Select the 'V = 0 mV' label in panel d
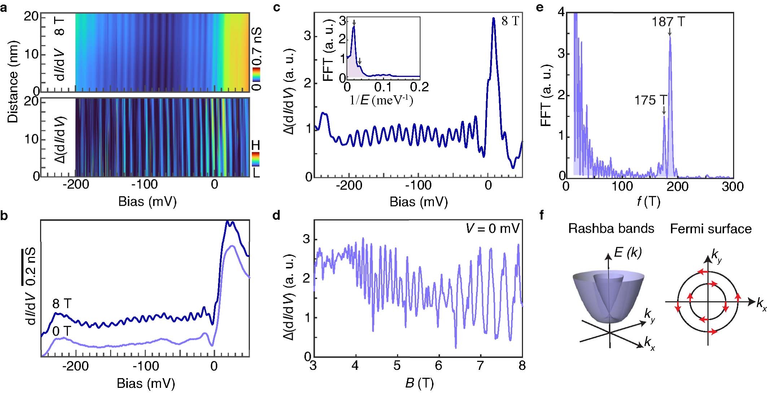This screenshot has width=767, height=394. [x=492, y=228]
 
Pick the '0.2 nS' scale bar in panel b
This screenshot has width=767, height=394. [x=22, y=266]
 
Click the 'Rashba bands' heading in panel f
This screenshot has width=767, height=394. [x=611, y=228]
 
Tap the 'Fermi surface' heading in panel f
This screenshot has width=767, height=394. [x=711, y=229]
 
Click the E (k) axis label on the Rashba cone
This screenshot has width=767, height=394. [x=628, y=253]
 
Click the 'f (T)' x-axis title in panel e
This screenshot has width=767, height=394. [x=648, y=202]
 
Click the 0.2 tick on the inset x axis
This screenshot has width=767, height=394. [x=420, y=87]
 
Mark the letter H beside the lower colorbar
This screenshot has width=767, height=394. [x=256, y=145]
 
